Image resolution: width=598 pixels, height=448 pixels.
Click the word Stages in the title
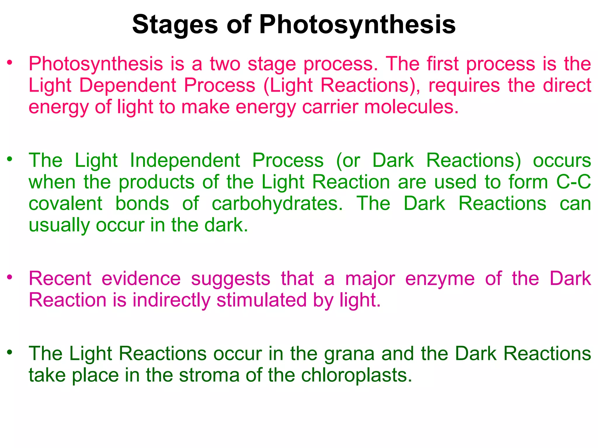tap(175, 25)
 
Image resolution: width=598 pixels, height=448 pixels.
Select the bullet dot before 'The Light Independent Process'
tap(10, 159)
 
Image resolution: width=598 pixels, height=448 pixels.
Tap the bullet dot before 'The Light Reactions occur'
tap(10, 352)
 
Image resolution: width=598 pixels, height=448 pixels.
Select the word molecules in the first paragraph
tap(411, 107)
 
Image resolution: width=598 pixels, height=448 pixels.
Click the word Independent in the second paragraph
tap(185, 161)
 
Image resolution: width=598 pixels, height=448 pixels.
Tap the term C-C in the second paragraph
tap(573, 182)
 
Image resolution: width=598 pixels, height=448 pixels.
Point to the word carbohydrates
tap(277, 204)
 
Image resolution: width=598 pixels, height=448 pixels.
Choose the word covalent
tap(65, 204)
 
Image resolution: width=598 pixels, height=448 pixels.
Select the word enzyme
tap(440, 279)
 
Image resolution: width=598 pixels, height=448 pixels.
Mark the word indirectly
tap(171, 300)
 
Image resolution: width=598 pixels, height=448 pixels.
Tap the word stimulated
tap(261, 300)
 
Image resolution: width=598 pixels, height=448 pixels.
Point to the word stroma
tap(209, 375)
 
